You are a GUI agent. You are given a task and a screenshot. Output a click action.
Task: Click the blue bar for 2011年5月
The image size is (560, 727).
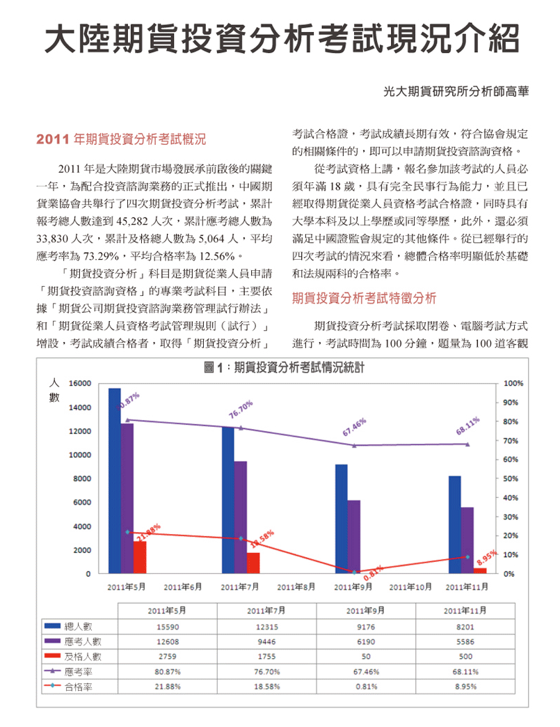[x=115, y=480]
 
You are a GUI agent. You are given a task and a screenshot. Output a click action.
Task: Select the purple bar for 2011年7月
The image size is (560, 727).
[x=241, y=517]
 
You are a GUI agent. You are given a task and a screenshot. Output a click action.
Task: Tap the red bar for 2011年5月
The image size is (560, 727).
[x=140, y=557]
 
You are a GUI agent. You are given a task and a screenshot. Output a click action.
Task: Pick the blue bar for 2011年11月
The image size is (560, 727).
[x=455, y=525]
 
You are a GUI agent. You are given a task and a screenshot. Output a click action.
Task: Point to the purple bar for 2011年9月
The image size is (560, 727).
[x=354, y=537]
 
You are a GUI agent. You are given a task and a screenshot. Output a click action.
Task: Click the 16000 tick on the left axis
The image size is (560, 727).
[x=80, y=384]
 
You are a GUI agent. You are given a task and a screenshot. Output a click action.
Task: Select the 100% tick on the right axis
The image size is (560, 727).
[x=513, y=384]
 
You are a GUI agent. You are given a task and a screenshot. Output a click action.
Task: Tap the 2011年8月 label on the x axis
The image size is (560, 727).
[x=296, y=587]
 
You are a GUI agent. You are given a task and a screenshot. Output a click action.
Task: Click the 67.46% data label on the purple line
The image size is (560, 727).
[x=354, y=427]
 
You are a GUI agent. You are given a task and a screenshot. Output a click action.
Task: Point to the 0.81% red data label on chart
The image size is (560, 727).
[x=374, y=573]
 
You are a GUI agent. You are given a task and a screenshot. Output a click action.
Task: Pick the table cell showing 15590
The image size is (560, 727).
[x=168, y=627]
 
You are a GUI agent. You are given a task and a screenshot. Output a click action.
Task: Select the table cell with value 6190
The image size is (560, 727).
[x=366, y=641]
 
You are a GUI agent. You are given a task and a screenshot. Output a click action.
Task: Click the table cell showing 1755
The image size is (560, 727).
[x=267, y=657]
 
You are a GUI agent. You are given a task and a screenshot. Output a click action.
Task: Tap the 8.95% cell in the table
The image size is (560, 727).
[x=465, y=686]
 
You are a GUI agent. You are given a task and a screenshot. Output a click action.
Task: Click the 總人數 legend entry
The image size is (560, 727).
[x=69, y=627]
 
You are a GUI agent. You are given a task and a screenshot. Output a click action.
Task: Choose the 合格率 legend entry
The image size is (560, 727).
[x=69, y=687]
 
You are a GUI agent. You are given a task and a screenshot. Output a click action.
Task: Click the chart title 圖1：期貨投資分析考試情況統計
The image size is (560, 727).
[x=284, y=368]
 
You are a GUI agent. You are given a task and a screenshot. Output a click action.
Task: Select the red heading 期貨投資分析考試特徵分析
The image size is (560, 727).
[x=364, y=298]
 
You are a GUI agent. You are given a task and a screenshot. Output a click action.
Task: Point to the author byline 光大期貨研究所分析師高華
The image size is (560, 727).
[x=456, y=91]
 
